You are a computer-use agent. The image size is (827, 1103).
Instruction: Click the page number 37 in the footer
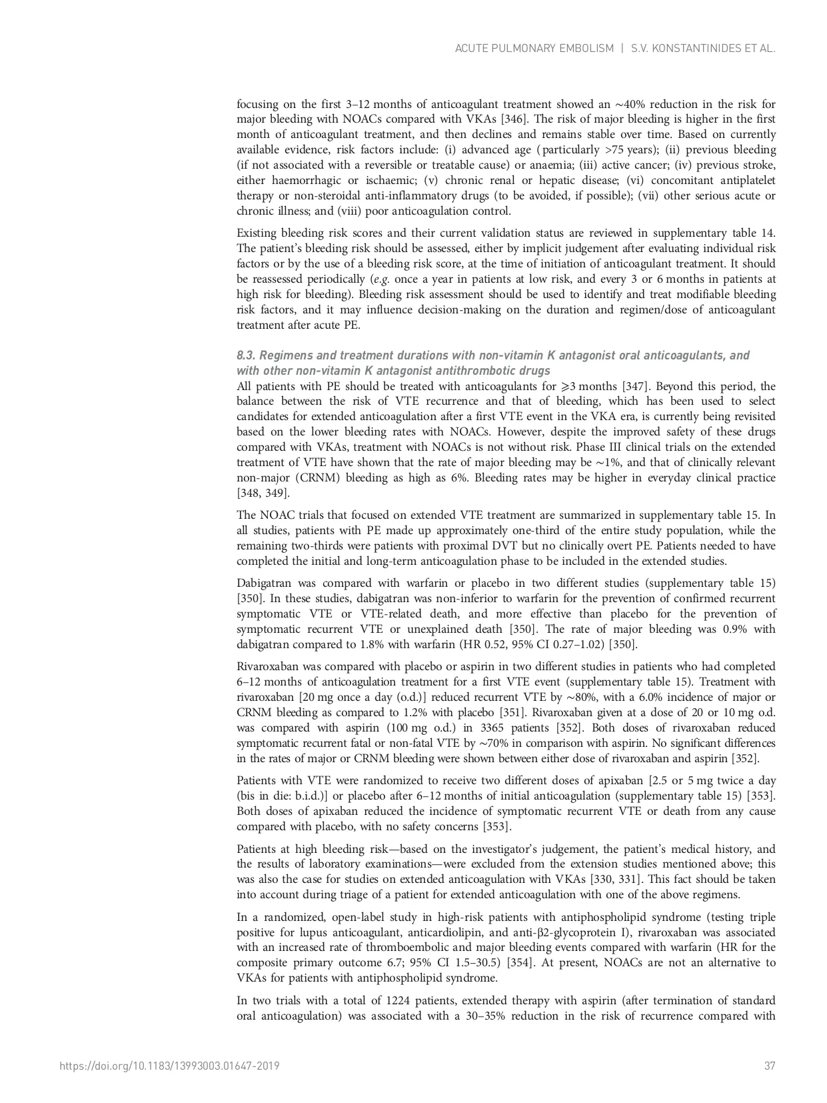pyautogui.click(x=770, y=1066)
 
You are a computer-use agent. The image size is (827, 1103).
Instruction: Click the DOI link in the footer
pyautogui.click(x=169, y=1066)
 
